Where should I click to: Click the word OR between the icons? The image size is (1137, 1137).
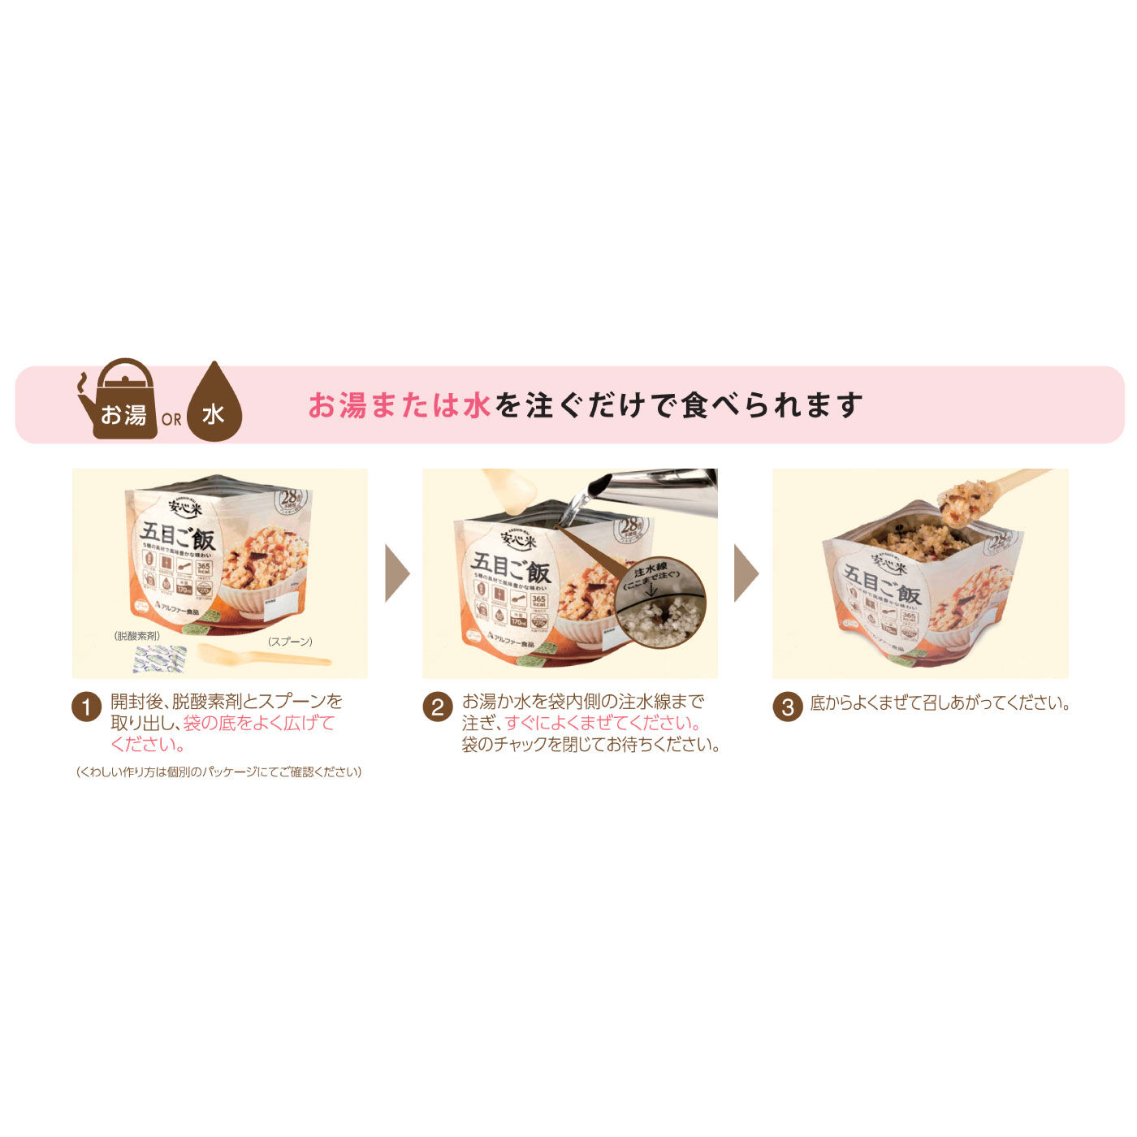pyautogui.click(x=171, y=420)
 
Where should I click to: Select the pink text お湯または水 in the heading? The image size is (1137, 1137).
pyautogui.click(x=399, y=405)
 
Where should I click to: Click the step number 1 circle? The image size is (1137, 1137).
pyautogui.click(x=86, y=707)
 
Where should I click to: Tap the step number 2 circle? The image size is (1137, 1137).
pyautogui.click(x=437, y=707)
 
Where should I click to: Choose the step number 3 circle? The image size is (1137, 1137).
pyautogui.click(x=787, y=707)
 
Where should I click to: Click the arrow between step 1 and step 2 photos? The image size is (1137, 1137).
pyautogui.click(x=396, y=573)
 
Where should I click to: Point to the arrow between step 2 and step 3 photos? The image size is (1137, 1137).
pyautogui.click(x=746, y=573)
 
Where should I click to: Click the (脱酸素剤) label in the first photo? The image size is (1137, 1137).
pyautogui.click(x=136, y=636)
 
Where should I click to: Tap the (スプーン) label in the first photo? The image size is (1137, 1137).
pyautogui.click(x=290, y=642)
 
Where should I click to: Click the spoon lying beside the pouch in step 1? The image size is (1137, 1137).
pyautogui.click(x=260, y=655)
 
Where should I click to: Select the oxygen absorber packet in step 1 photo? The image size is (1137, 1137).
pyautogui.click(x=159, y=658)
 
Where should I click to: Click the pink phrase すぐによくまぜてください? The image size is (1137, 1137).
pyautogui.click(x=603, y=723)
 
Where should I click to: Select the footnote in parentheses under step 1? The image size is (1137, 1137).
pyautogui.click(x=218, y=772)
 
